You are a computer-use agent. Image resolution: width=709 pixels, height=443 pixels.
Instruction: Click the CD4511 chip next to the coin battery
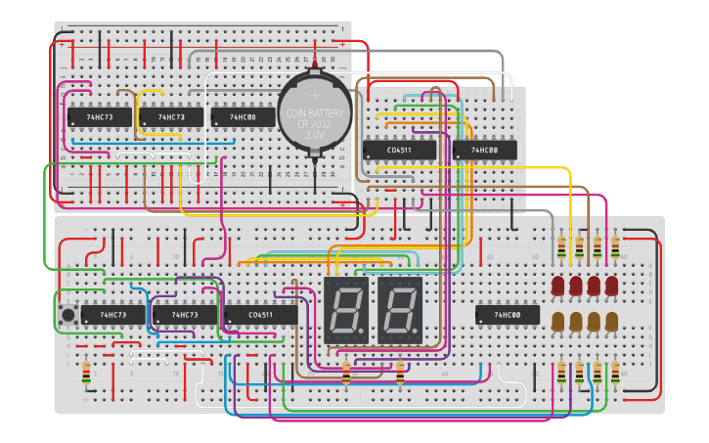[x=399, y=150]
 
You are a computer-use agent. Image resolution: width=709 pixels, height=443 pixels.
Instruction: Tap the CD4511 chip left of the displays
[x=260, y=315]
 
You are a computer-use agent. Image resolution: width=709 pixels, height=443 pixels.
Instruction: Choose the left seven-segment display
[x=346, y=309]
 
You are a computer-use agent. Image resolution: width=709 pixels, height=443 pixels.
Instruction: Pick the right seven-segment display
[x=400, y=309]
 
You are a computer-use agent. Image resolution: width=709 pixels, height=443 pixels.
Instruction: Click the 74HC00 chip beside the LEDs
[x=507, y=315]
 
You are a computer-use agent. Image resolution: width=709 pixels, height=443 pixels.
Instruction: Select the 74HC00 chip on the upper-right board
[x=484, y=150]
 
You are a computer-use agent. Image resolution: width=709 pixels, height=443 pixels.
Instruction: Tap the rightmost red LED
[x=612, y=286]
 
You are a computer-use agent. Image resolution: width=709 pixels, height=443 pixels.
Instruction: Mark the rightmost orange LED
[x=612, y=321]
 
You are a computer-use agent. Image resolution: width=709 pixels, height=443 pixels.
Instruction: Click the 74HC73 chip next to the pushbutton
[x=104, y=315]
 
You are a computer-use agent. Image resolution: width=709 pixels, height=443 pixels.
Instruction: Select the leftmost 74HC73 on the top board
[x=99, y=117]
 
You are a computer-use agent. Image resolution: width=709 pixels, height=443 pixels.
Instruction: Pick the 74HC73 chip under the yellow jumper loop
[x=170, y=117]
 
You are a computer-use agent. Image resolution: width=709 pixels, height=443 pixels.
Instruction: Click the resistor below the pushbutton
[x=86, y=373]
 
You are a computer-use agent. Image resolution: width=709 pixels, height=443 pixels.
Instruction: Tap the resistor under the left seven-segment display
[x=346, y=373]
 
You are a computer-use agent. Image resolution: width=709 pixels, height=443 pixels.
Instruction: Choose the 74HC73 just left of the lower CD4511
[x=184, y=315]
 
